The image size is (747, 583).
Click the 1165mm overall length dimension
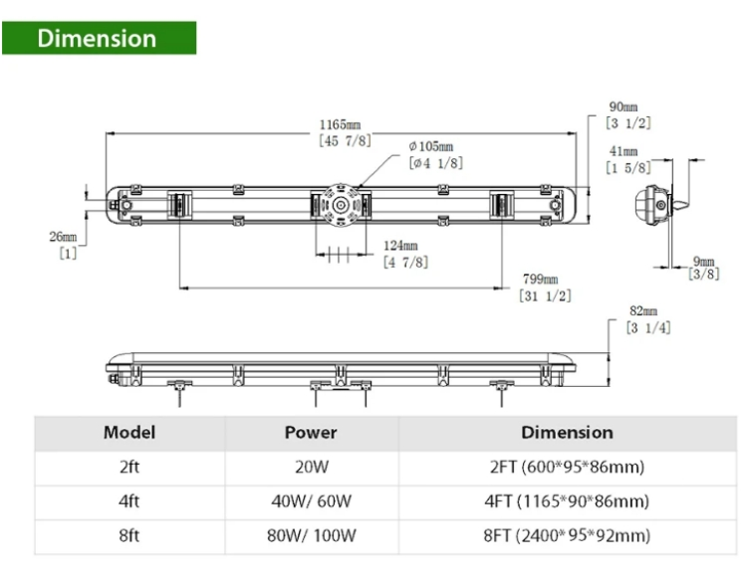339,132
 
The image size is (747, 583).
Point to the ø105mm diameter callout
434,154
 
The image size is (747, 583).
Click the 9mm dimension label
704,268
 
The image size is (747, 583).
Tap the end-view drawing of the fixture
651,206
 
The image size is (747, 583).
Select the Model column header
126,433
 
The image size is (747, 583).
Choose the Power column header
311,433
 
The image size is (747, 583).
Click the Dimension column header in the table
567,433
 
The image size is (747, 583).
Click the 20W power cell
311,468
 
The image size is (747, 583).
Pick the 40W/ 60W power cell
311,501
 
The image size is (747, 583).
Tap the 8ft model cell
126,536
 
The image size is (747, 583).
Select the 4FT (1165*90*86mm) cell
567,501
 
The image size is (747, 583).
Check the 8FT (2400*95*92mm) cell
567,536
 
